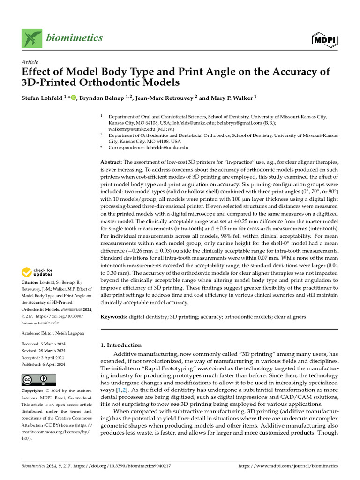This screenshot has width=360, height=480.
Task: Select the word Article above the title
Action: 30,62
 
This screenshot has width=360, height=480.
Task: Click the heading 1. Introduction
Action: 121,345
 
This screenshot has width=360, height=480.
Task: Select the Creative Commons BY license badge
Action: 38,380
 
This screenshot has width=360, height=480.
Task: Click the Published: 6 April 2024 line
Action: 44,364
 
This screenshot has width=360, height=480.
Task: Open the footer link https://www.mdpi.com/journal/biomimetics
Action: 288,466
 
